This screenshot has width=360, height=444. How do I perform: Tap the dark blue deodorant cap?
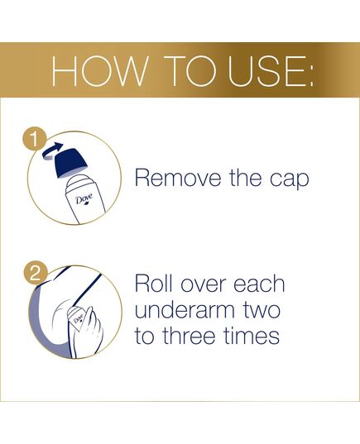(82, 160)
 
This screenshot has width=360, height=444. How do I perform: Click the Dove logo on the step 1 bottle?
(84, 200)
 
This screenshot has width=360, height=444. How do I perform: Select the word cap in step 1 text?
(290, 179)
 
